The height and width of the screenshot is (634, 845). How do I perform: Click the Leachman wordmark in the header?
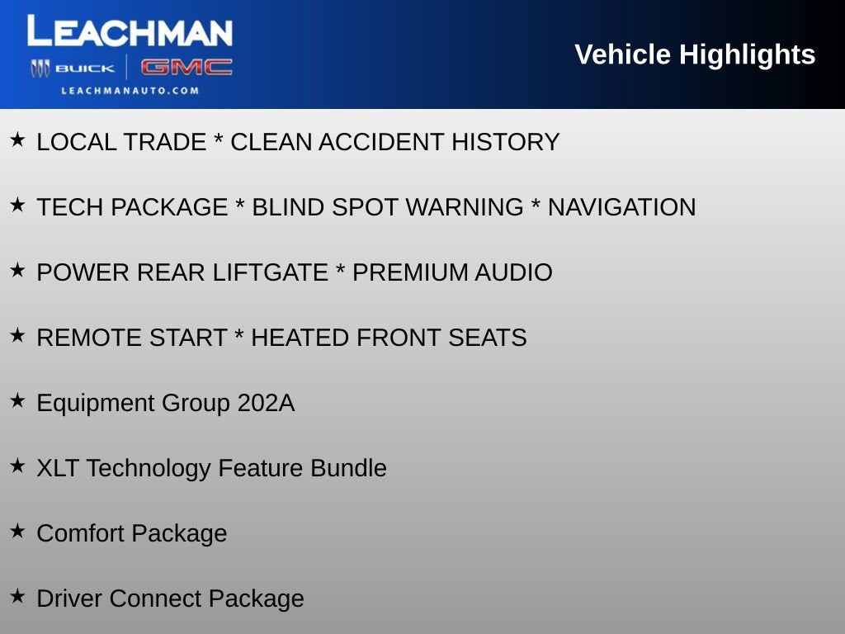point(130,32)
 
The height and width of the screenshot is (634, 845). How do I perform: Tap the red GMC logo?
point(186,68)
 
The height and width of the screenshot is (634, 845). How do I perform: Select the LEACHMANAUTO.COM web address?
point(130,91)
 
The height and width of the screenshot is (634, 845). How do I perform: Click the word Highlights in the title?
point(747,54)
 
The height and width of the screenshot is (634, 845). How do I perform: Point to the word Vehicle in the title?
point(622,54)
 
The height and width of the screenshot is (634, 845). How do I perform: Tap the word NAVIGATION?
point(621,207)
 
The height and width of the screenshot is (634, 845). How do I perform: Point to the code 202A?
point(266,403)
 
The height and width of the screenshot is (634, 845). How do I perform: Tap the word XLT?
point(58,468)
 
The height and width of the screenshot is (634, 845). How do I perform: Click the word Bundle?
point(348,468)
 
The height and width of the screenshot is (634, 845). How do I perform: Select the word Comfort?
point(80,533)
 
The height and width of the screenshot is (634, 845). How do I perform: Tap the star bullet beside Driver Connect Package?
point(17,595)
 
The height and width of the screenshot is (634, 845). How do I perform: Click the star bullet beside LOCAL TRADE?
point(17,139)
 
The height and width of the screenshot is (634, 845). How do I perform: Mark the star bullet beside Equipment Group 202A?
point(17,400)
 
